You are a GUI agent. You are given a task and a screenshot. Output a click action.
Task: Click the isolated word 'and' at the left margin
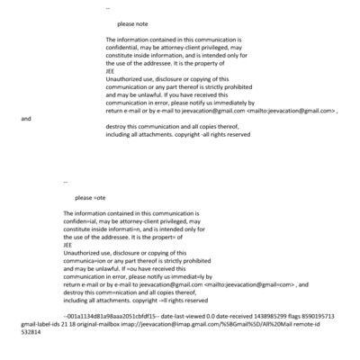tap(25, 119)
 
